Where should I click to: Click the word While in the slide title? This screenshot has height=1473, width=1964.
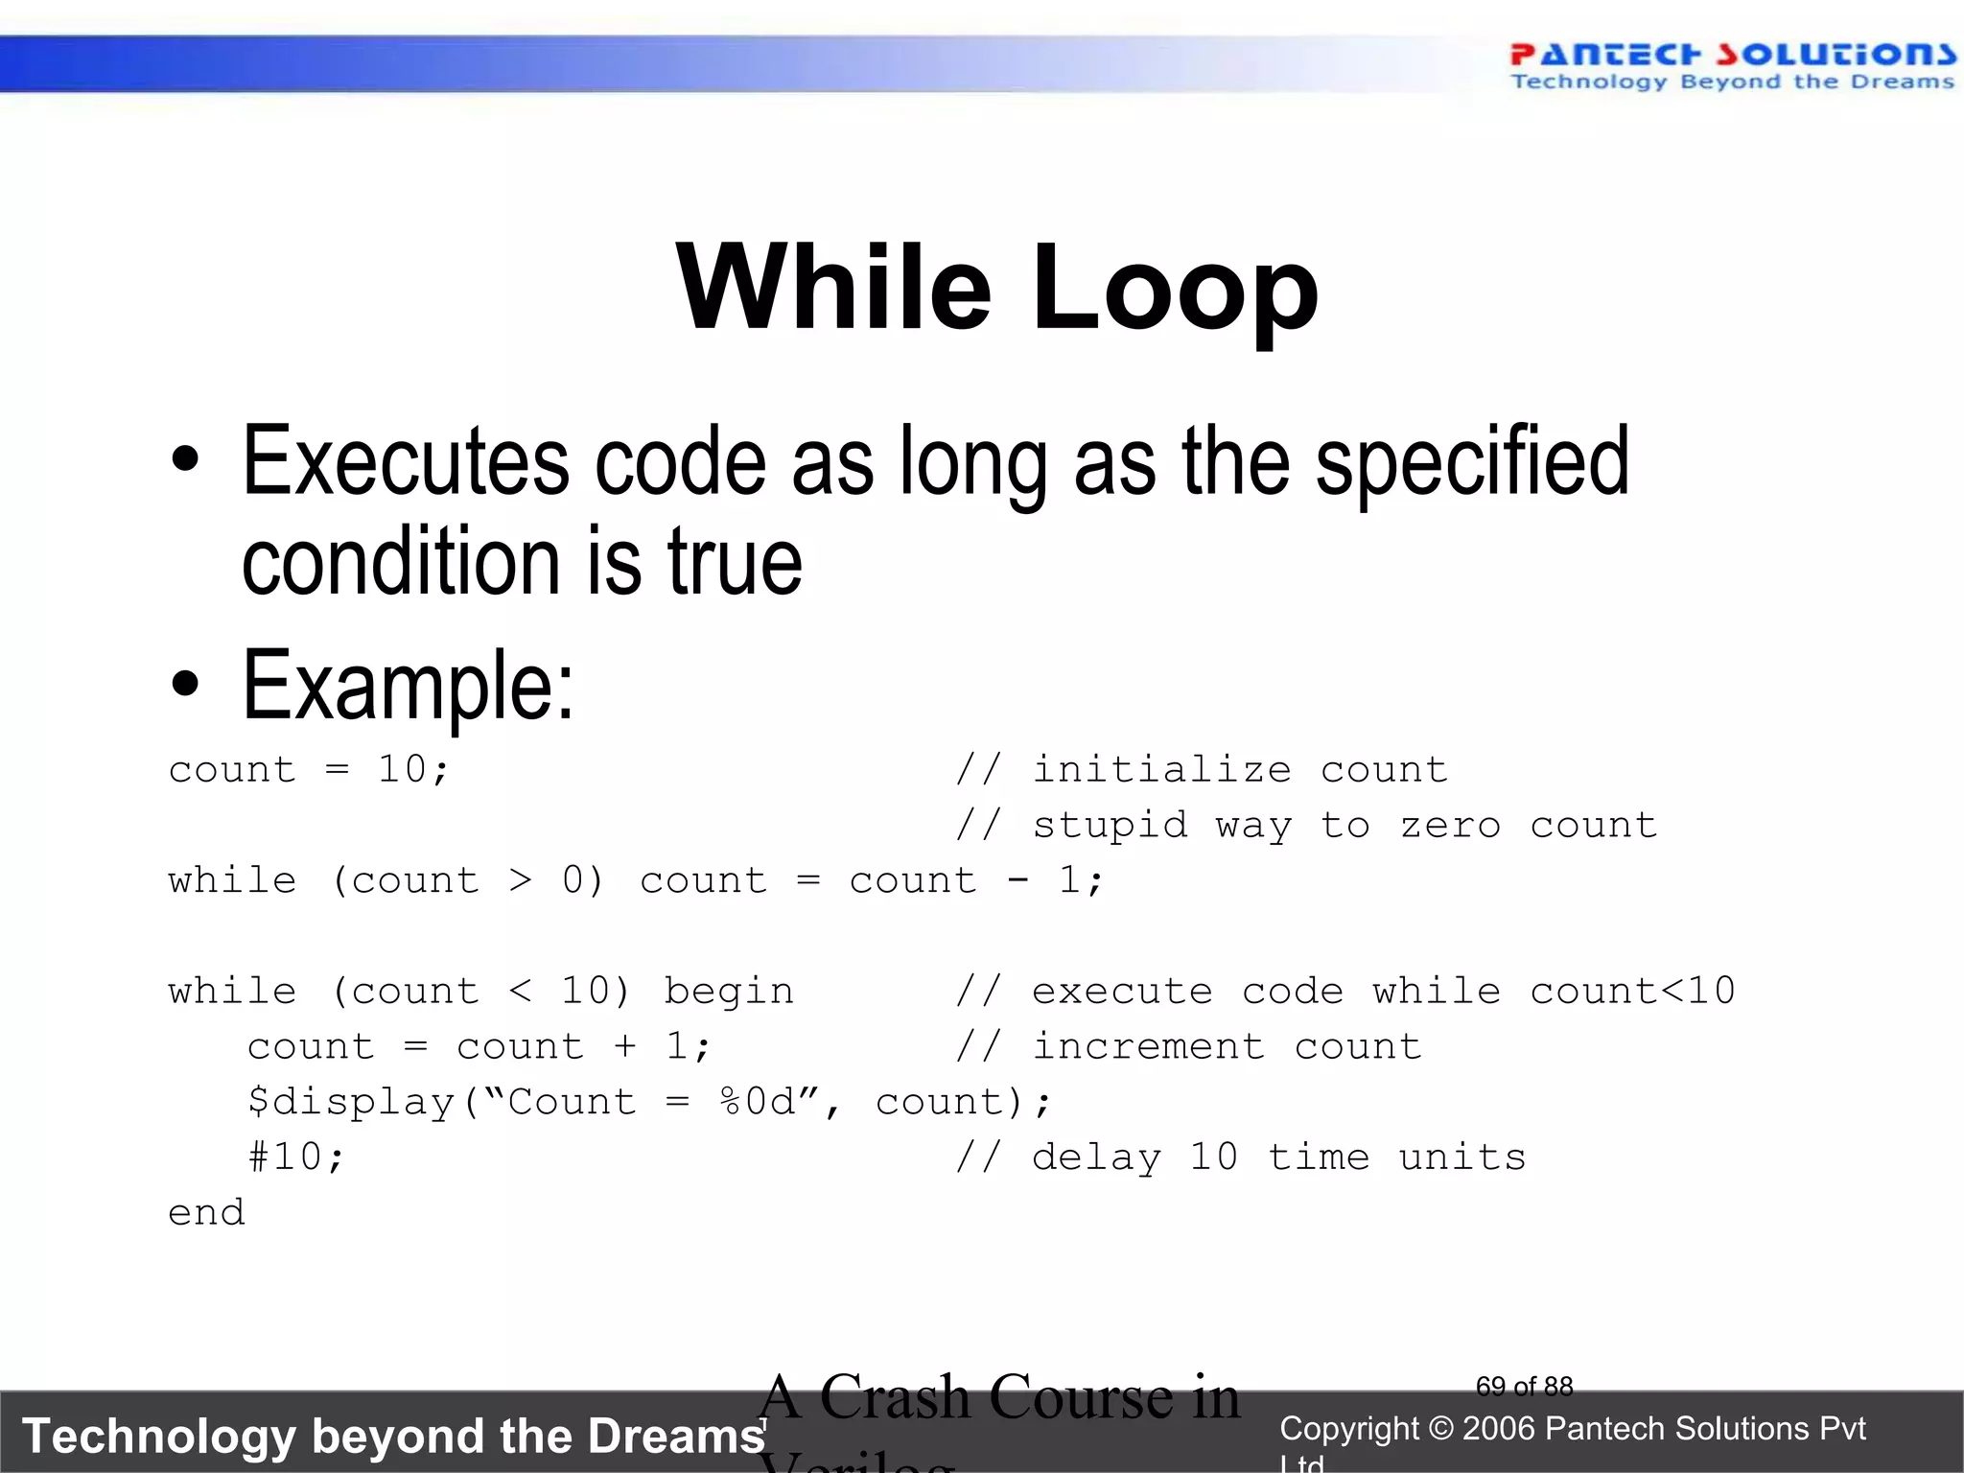(x=832, y=288)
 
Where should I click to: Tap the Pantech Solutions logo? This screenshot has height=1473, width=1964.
(x=1732, y=65)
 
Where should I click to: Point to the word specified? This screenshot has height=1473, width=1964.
(x=1472, y=462)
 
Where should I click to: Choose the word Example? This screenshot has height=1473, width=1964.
(x=409, y=685)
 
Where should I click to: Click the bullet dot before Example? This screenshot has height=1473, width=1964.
(x=185, y=685)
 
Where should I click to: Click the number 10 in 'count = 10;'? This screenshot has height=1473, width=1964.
(x=402, y=769)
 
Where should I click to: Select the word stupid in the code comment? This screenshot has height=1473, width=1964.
(x=1111, y=825)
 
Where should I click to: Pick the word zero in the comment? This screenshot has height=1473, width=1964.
(x=1450, y=825)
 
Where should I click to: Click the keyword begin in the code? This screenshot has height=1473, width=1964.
(x=729, y=992)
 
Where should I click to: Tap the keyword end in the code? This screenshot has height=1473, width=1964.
(x=206, y=1213)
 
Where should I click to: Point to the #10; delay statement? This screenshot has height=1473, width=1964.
(x=295, y=1157)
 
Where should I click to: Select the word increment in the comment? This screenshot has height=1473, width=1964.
(x=1149, y=1046)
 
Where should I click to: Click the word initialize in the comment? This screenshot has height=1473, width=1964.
(x=1162, y=769)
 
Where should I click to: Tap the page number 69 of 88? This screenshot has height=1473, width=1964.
(x=1524, y=1386)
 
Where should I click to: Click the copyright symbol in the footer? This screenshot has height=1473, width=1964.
(x=1440, y=1429)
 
